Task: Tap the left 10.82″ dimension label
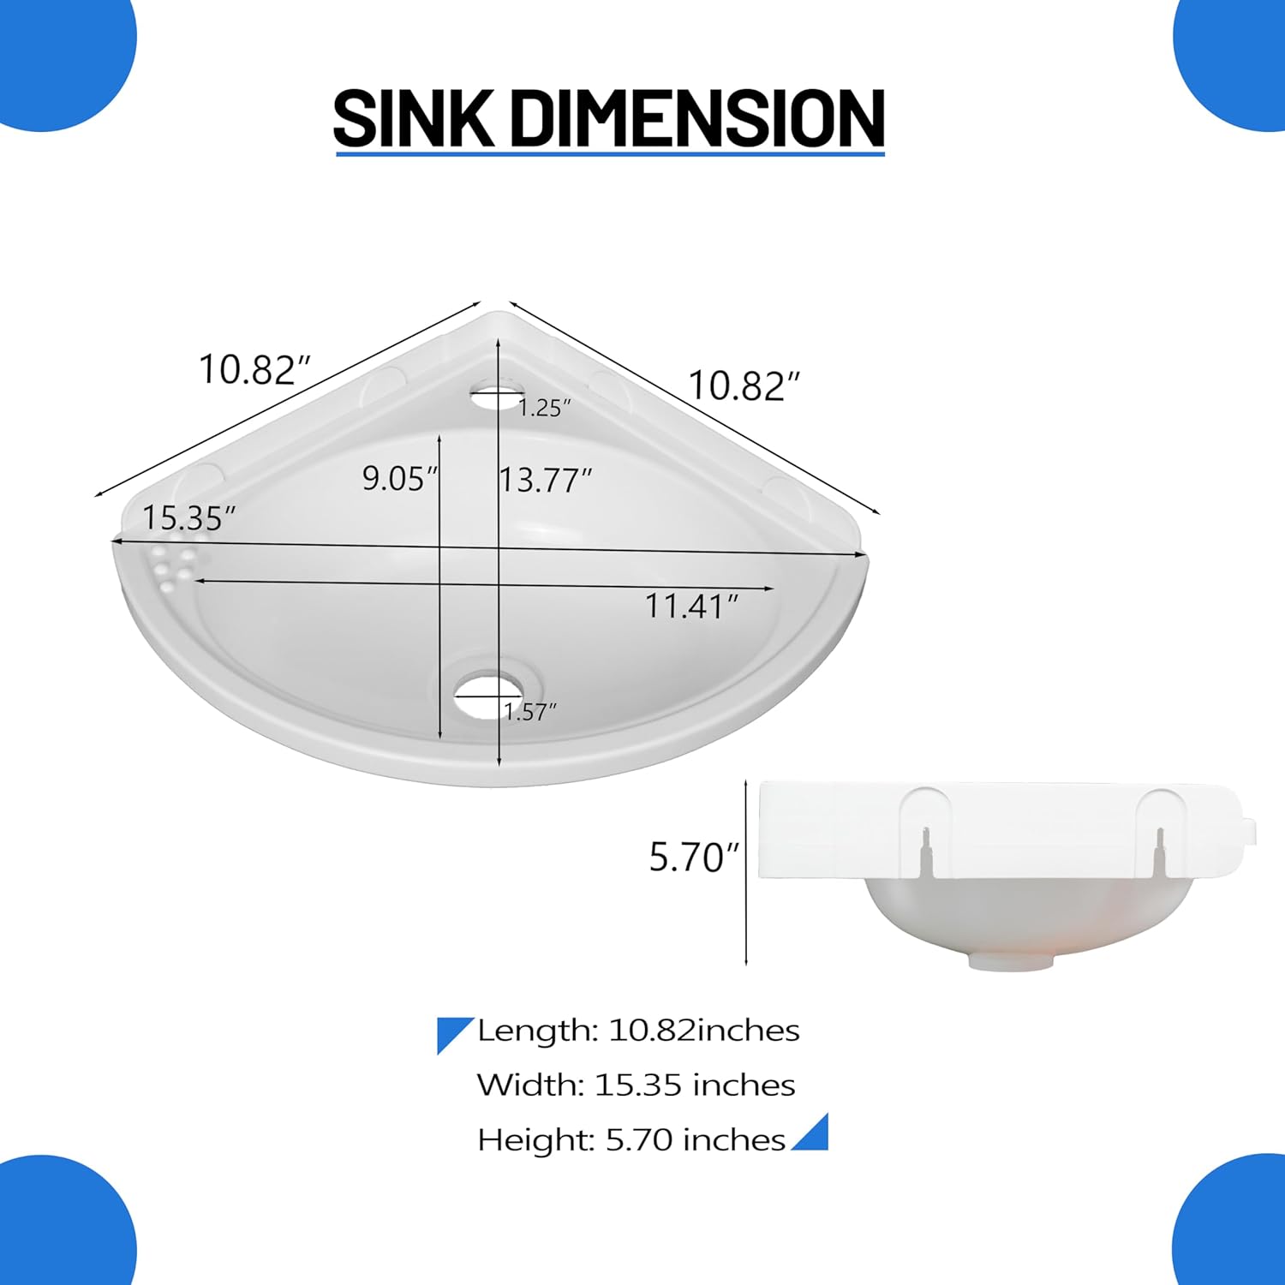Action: [x=254, y=369]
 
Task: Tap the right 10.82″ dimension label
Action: [x=744, y=385]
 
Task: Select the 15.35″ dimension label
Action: [x=188, y=517]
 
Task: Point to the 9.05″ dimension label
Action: [x=399, y=478]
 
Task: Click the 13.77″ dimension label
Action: [x=546, y=480]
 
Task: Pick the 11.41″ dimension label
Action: [x=690, y=607]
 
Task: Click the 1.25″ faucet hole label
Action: [x=544, y=408]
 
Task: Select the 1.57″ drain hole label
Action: [x=529, y=711]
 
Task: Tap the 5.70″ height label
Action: [x=692, y=858]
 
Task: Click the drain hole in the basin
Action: [x=487, y=690]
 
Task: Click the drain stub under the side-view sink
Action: [x=1010, y=962]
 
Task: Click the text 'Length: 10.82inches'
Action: [x=637, y=1031]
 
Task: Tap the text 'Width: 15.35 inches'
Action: [x=636, y=1085]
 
